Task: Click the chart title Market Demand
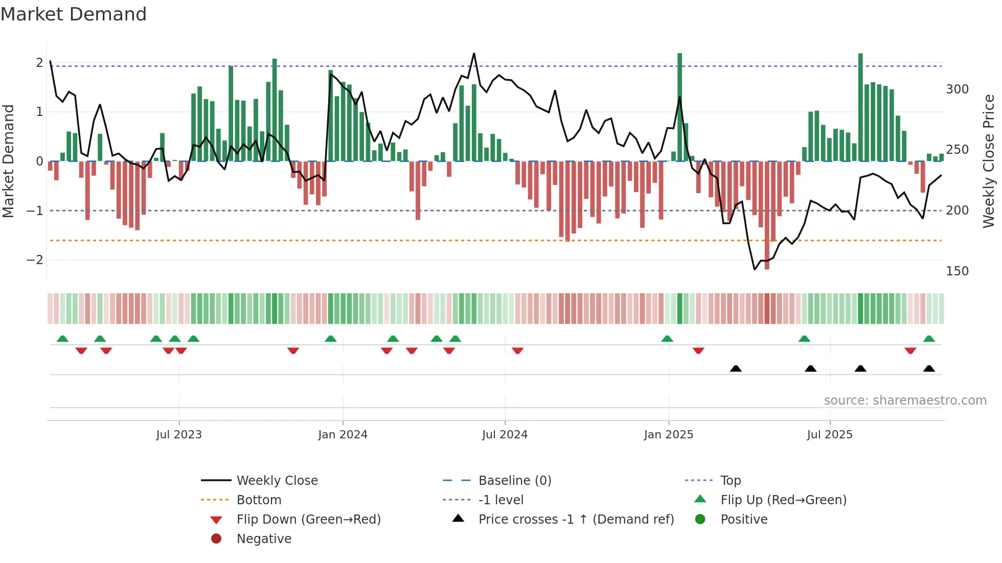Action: [74, 14]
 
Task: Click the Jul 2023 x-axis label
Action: [179, 435]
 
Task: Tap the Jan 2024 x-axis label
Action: [343, 435]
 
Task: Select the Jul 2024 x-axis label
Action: [505, 435]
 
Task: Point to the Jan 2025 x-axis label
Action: [668, 435]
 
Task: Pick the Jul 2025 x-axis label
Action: [830, 435]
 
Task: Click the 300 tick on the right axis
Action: [957, 89]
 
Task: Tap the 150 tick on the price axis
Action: [957, 271]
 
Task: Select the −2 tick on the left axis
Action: [35, 260]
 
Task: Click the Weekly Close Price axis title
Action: [989, 161]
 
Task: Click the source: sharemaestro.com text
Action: [905, 401]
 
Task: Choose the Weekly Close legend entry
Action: [277, 481]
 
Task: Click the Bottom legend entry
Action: [259, 500]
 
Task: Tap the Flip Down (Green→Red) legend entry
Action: [308, 520]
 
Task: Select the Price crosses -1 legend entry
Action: [576, 520]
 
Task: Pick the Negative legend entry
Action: [264, 539]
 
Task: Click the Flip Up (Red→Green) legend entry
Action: [783, 500]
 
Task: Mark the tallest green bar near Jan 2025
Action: [679, 107]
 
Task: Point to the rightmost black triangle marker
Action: [929, 368]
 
